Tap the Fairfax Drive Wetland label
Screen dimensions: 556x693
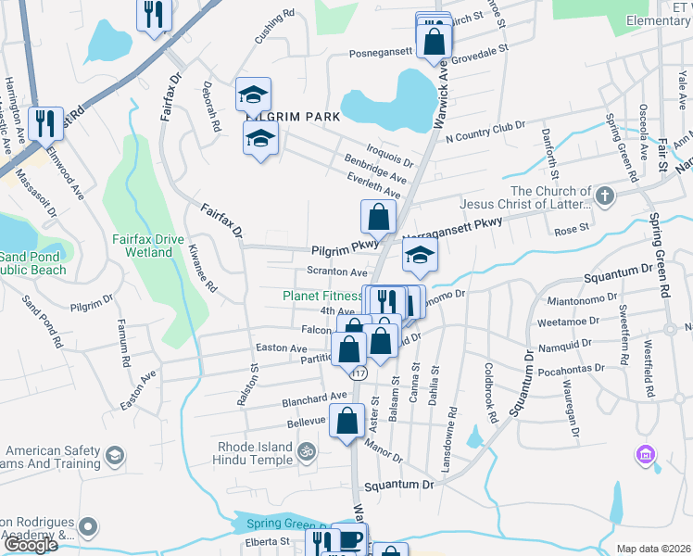[147, 245]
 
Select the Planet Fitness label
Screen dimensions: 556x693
[322, 297]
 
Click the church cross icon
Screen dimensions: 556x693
[604, 196]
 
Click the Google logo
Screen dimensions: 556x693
[31, 545]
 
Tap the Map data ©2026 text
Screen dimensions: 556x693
[653, 549]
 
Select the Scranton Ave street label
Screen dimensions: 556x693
[338, 272]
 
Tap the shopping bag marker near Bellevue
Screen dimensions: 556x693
[346, 421]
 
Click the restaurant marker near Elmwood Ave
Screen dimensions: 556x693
[44, 121]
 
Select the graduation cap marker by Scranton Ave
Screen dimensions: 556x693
[420, 257]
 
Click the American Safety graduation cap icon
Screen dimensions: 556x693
[115, 455]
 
